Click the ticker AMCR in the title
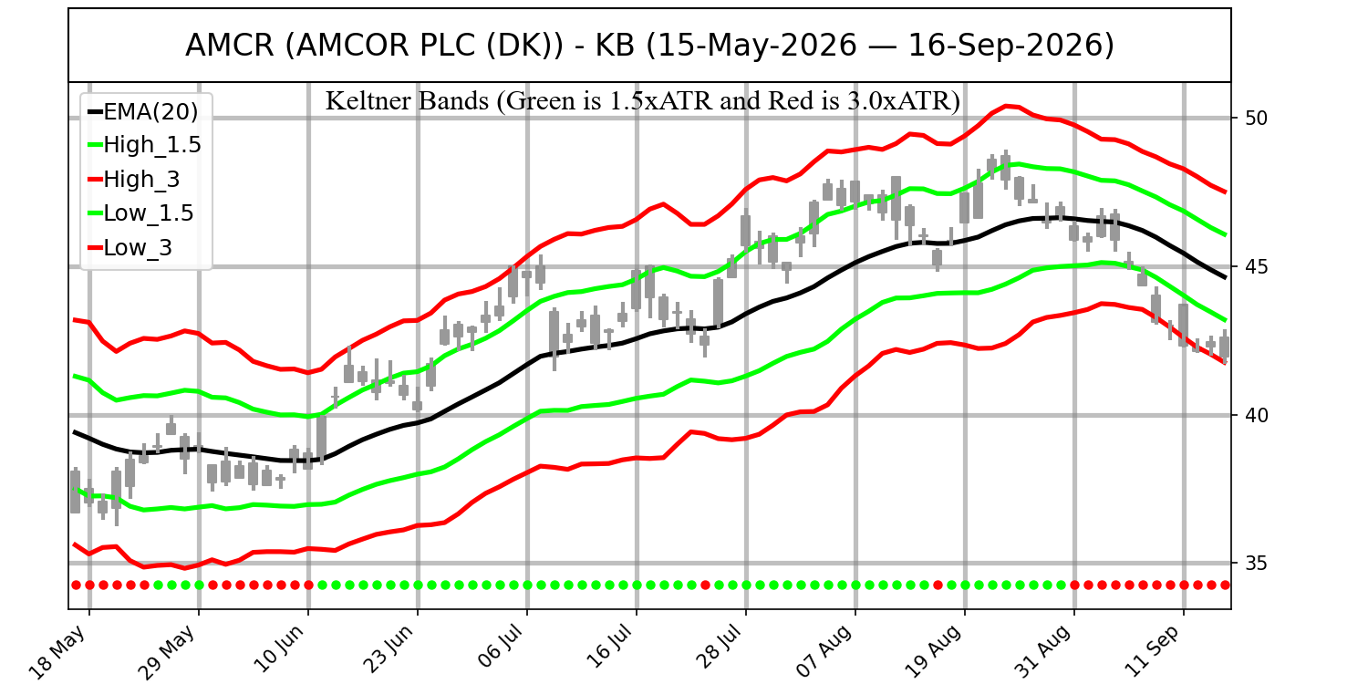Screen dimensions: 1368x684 [230, 46]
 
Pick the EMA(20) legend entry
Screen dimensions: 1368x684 [143, 112]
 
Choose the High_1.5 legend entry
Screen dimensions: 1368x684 [145, 145]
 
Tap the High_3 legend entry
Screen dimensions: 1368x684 [134, 179]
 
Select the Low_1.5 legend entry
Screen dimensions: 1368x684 [141, 213]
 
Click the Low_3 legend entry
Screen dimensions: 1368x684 [130, 247]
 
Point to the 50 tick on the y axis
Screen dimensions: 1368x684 [1256, 118]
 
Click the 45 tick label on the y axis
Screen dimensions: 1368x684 [1256, 267]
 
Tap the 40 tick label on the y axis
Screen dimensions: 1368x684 [1256, 415]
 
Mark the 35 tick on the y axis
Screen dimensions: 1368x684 [1256, 563]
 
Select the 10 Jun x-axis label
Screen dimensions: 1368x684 [278, 649]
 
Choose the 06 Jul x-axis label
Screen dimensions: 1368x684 [499, 648]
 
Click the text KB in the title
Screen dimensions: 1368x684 [615, 46]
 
